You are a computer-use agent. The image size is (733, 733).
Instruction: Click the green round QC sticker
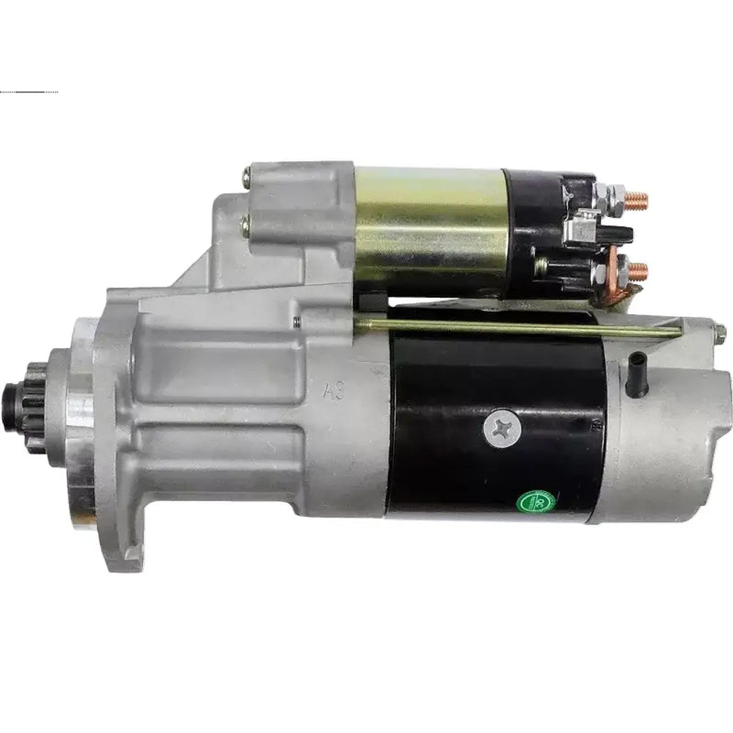point(531,502)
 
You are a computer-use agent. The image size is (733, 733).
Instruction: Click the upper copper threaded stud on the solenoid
point(638,198)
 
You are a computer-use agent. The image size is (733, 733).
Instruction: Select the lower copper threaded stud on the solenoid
point(639,269)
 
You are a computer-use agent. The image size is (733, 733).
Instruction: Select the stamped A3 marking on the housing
point(338,392)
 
